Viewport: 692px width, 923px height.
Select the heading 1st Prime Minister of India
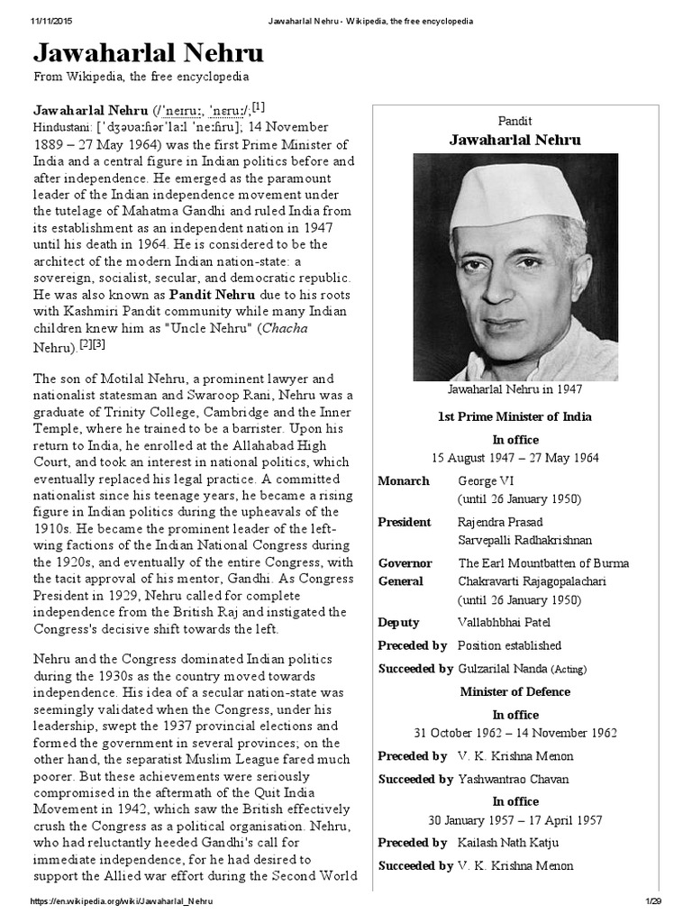point(515,417)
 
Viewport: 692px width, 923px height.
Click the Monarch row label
point(403,481)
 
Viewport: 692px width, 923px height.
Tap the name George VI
point(485,481)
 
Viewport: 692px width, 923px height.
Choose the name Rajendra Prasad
point(500,522)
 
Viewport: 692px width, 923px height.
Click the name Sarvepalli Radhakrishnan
point(524,540)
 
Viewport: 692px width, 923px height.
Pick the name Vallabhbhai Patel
point(504,622)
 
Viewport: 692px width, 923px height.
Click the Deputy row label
point(399,622)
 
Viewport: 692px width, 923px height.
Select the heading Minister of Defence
point(515,692)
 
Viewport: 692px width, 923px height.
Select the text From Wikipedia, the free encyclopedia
point(141,78)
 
